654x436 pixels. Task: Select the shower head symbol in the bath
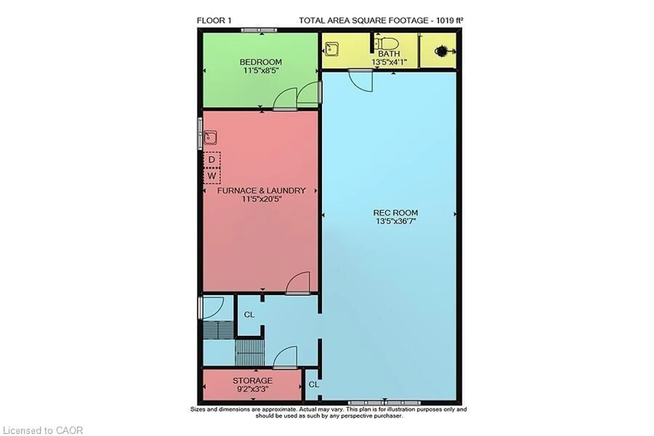pyautogui.click(x=442, y=51)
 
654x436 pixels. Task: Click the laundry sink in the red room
pyautogui.click(x=210, y=137)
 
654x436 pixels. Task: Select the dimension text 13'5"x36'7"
pyautogui.click(x=395, y=221)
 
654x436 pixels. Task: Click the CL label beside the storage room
pyautogui.click(x=314, y=385)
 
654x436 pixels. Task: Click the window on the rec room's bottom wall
pyautogui.click(x=384, y=403)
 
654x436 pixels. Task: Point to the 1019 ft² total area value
pyautogui.click(x=449, y=21)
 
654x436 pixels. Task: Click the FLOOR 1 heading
pyautogui.click(x=214, y=21)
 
